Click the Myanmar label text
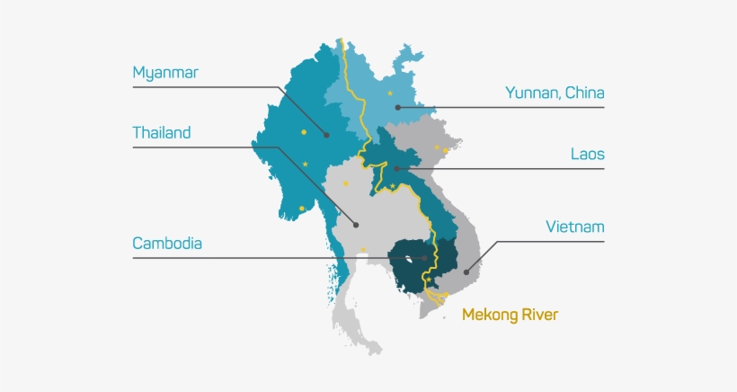tap(164, 72)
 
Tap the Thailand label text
tap(162, 133)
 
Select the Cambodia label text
tap(167, 243)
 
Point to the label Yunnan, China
tap(555, 92)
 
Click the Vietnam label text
tap(575, 227)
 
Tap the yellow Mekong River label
tap(510, 315)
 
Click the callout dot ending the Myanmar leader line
tap(327, 136)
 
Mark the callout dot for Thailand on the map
tap(356, 225)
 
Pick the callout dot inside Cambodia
tap(424, 258)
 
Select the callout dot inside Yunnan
tap(397, 108)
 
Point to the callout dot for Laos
tap(395, 168)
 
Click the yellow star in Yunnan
tap(390, 94)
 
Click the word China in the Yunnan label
tap(584, 92)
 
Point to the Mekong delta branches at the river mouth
tap(438, 296)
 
